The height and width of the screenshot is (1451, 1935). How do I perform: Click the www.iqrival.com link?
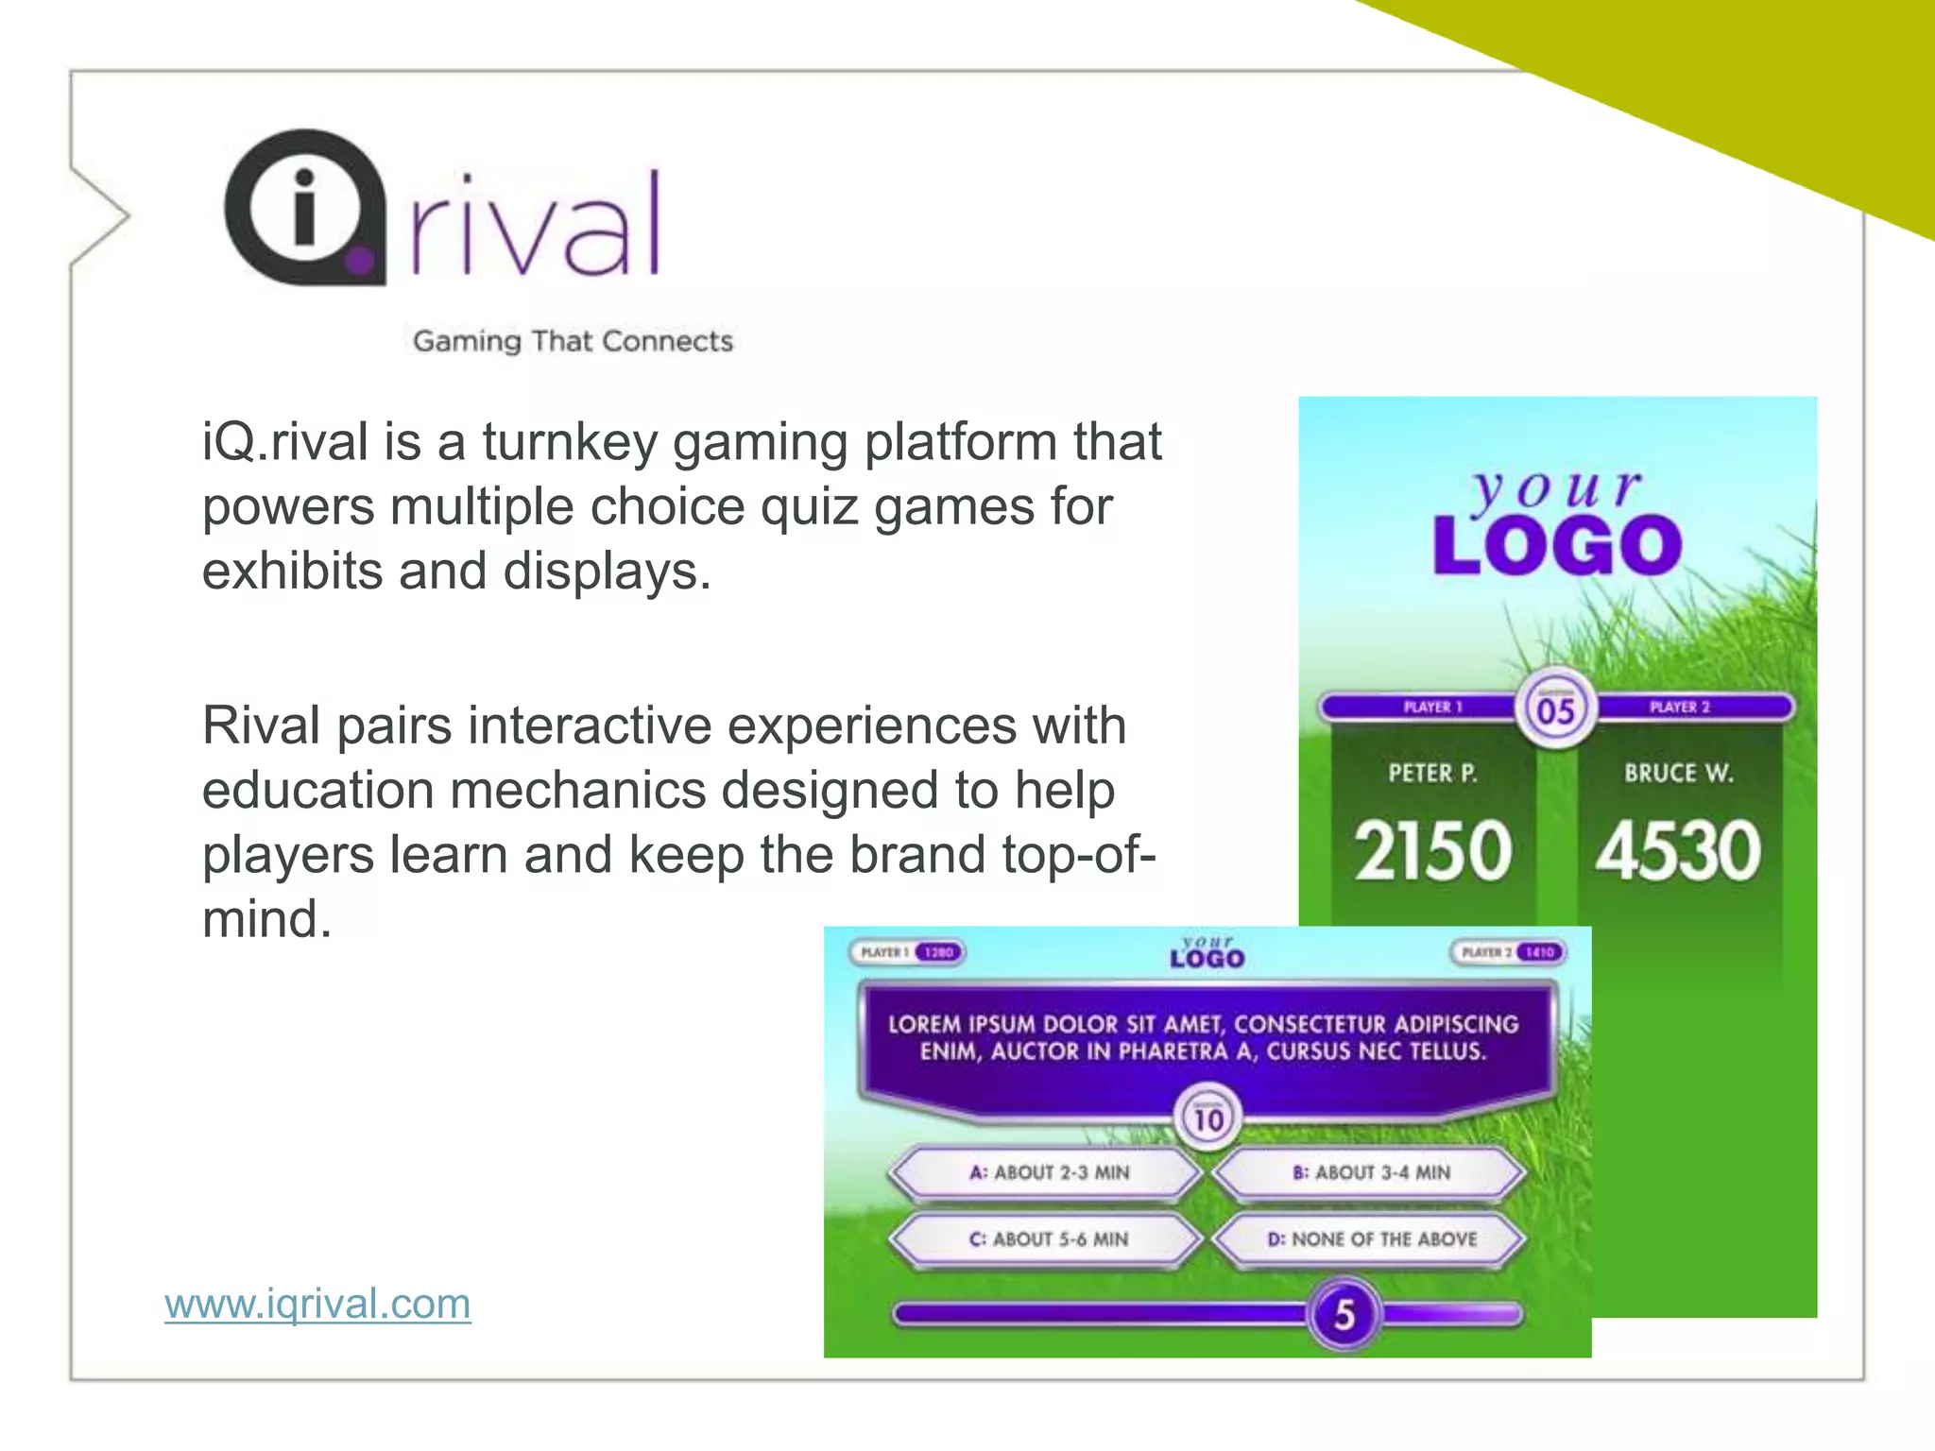point(317,1304)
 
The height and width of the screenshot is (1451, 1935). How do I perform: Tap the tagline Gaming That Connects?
point(573,341)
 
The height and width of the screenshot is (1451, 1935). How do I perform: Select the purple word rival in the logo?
point(535,227)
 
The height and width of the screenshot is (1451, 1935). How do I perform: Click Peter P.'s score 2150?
point(1432,851)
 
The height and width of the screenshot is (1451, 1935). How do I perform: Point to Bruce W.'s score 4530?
point(1678,851)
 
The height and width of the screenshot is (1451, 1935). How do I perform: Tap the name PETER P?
point(1432,774)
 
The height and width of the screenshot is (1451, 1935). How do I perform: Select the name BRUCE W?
point(1679,774)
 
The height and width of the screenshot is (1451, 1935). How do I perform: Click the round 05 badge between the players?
point(1556,709)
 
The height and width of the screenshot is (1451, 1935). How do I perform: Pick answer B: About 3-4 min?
point(1371,1173)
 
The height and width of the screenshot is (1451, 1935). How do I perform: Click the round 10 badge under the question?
point(1208,1118)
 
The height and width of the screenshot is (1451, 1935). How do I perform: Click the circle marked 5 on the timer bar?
point(1344,1314)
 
